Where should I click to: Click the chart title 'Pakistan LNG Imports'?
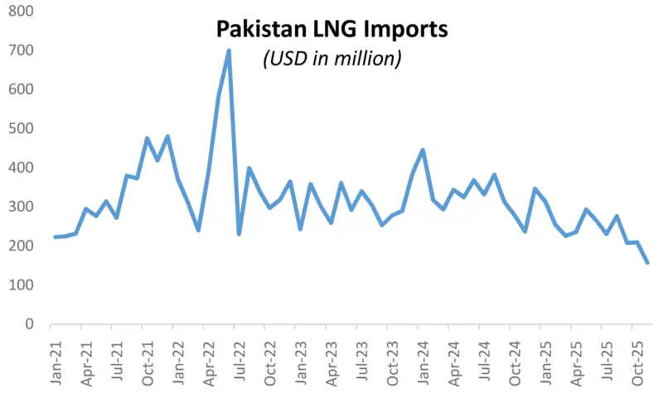(331, 30)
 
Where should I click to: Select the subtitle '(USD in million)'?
(332, 59)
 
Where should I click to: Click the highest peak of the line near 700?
(229, 50)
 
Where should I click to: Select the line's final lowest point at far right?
(647, 262)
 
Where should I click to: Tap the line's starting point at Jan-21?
(55, 237)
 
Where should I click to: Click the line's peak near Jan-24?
(423, 150)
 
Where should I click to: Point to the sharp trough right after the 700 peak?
(239, 234)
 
